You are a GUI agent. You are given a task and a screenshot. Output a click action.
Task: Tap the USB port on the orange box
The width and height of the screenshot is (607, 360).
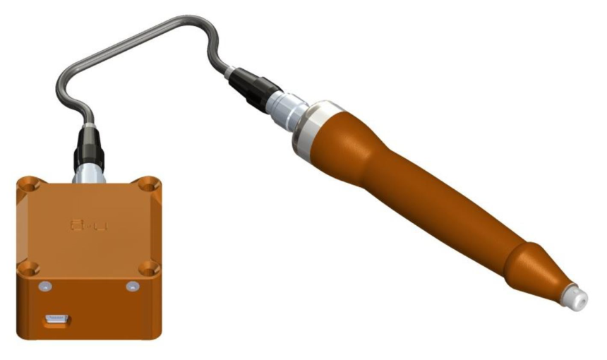click(56, 320)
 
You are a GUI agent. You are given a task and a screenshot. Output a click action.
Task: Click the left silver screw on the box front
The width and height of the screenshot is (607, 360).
click(44, 285)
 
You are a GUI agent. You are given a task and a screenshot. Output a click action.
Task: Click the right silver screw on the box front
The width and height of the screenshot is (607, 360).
click(131, 286)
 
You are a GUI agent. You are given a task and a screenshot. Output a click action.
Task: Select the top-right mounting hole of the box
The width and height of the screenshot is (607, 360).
click(148, 184)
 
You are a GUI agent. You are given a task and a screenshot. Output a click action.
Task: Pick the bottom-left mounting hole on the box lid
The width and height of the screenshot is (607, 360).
click(28, 268)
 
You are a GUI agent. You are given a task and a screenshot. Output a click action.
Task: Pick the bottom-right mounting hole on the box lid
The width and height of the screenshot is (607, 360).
click(148, 268)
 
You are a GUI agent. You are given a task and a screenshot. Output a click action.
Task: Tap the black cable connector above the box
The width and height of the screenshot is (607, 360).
click(85, 148)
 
